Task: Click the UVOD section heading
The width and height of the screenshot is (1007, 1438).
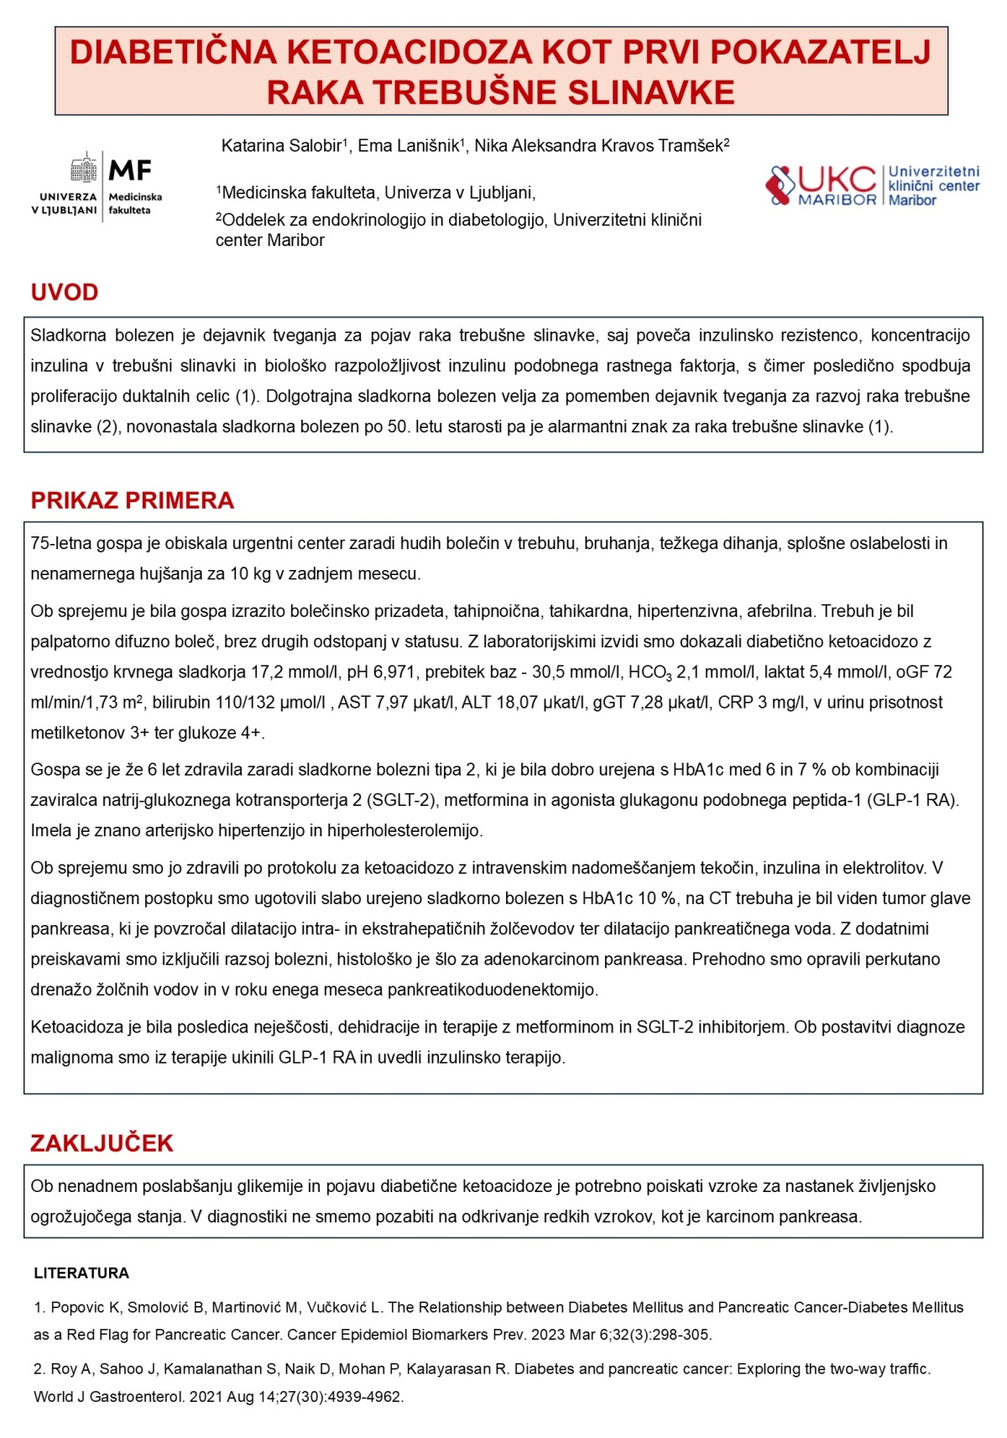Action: pyautogui.click(x=65, y=292)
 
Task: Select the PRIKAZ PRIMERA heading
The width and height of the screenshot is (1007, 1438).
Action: pyautogui.click(x=132, y=500)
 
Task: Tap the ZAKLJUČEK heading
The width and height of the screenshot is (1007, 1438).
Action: pyautogui.click(x=102, y=1143)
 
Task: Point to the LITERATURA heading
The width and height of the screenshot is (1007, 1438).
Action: pyautogui.click(x=81, y=1273)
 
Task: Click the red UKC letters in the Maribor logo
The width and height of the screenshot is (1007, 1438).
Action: pyautogui.click(x=835, y=179)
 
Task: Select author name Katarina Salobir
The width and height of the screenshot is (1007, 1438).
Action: pyautogui.click(x=281, y=146)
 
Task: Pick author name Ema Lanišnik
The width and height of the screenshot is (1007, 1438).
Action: pyautogui.click(x=408, y=146)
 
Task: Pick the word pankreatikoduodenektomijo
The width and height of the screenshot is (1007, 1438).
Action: pyautogui.click(x=493, y=990)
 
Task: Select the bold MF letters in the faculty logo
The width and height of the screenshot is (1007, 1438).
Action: pyautogui.click(x=130, y=170)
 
